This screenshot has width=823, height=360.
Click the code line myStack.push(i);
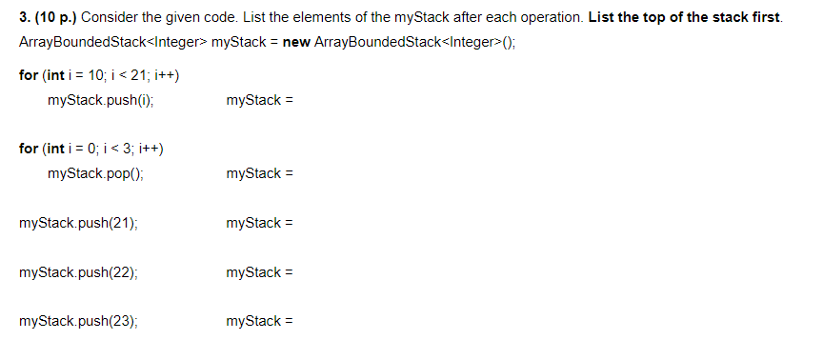tap(100, 100)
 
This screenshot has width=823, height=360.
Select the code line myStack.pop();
tap(95, 173)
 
